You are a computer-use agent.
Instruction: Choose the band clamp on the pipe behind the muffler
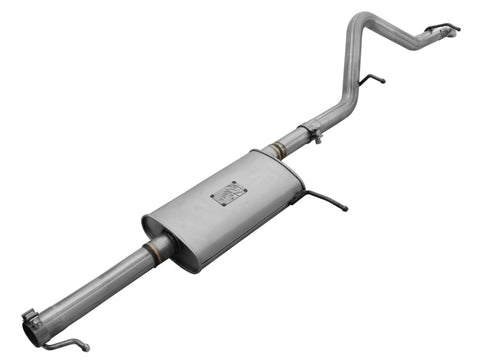point(311,131)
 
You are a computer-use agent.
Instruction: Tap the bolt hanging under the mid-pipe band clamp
point(316,140)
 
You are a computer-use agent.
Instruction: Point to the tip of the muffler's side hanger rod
point(345,209)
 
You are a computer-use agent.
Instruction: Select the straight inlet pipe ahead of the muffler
point(95,285)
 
